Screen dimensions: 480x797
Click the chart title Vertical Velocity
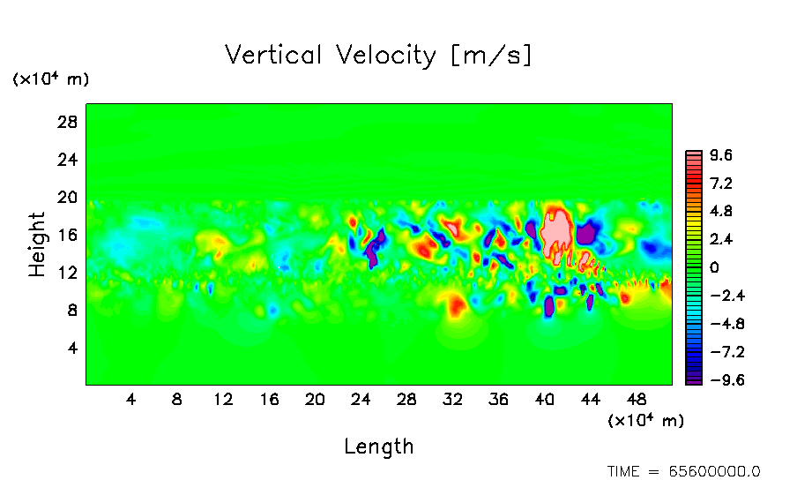tap(378, 56)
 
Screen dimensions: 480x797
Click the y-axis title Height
tap(37, 244)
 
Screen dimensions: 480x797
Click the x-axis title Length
tap(378, 446)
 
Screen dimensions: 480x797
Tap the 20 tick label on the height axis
tap(68, 197)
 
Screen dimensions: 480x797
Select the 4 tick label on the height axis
tap(73, 348)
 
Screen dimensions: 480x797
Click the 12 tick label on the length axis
tap(223, 399)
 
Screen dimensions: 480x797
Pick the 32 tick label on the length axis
tap(452, 399)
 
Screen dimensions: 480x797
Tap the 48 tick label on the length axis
tap(637, 399)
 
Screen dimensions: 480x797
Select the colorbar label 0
tap(715, 267)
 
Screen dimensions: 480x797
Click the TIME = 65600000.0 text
tap(683, 471)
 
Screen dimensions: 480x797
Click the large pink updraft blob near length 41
tap(556, 231)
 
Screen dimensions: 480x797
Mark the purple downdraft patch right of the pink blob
tap(586, 233)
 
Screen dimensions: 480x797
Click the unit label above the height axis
tap(50, 79)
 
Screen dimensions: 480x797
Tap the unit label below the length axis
tap(645, 421)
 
